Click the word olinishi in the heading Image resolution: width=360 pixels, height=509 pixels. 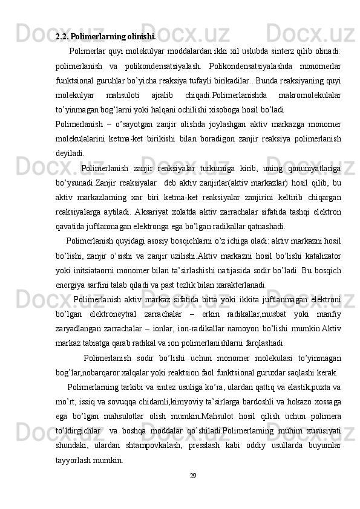(x=140, y=36)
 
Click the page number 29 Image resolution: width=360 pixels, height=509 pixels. (x=193, y=476)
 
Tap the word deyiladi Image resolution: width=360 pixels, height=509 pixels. (x=70, y=154)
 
